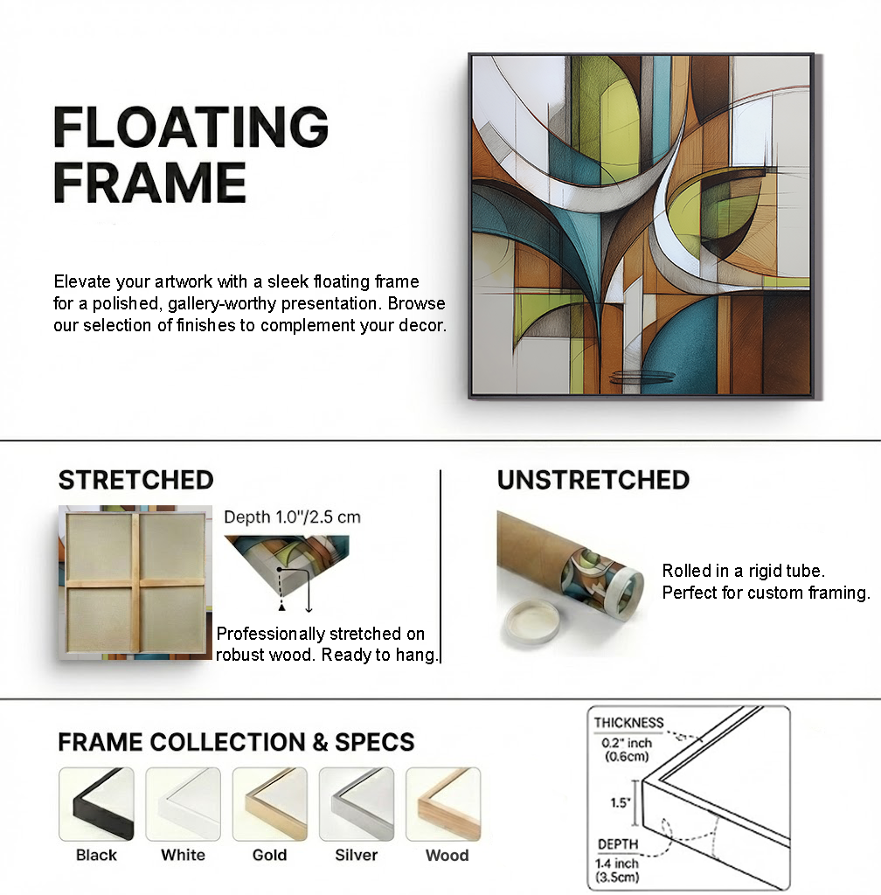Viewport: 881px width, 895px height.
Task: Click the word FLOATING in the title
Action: [x=190, y=128]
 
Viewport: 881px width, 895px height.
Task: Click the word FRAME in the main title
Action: [x=149, y=182]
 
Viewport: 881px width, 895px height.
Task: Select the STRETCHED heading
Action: [x=135, y=480]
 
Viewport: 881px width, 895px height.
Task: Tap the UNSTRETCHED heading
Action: [x=593, y=480]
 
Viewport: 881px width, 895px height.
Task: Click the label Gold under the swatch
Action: [x=269, y=855]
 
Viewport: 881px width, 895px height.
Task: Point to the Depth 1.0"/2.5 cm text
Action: [x=292, y=517]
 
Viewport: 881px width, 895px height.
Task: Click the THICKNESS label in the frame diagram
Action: [x=628, y=723]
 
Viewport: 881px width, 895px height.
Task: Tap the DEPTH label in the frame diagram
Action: [x=617, y=844]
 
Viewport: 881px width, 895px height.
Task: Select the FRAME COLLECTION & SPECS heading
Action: [x=236, y=742]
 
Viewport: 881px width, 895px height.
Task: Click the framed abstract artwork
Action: [x=642, y=225]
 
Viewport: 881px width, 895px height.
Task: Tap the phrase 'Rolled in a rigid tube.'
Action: [x=743, y=571]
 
